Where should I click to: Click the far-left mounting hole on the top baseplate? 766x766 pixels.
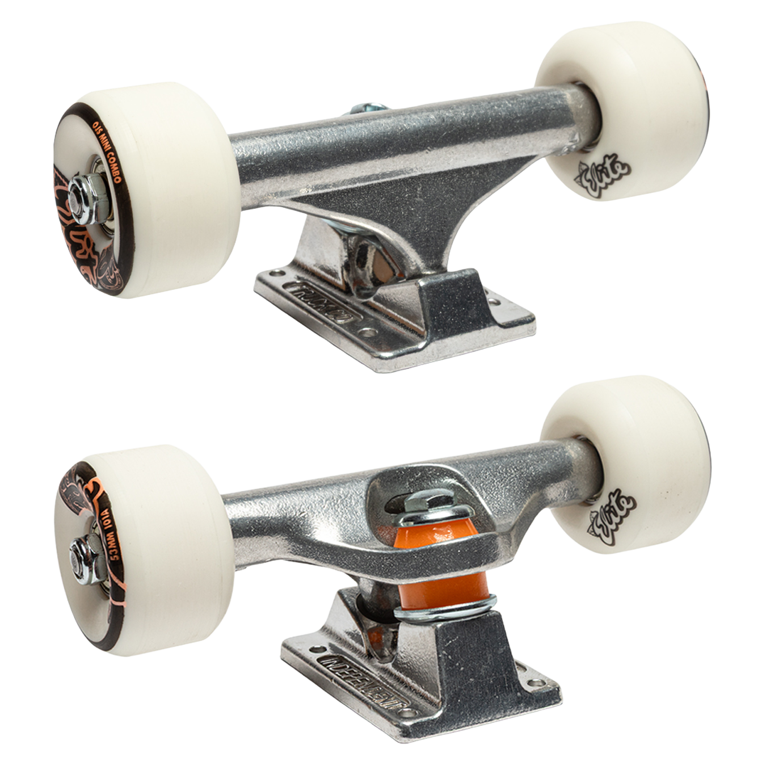click(x=276, y=273)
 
